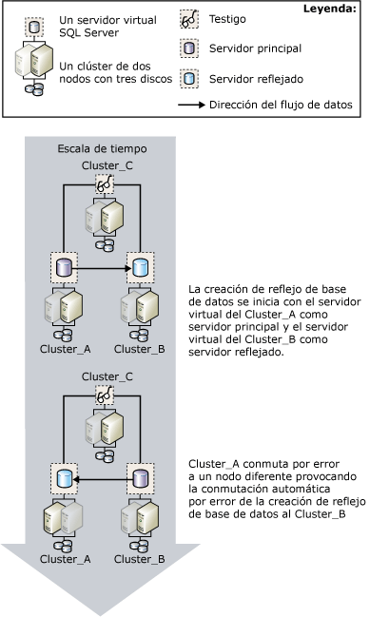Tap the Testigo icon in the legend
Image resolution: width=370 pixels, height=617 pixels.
coord(190,19)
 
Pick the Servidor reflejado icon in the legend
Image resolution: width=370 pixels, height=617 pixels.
coord(190,80)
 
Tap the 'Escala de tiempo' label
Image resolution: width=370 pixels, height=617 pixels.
coord(100,150)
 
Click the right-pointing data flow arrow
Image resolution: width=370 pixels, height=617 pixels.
coord(103,268)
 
